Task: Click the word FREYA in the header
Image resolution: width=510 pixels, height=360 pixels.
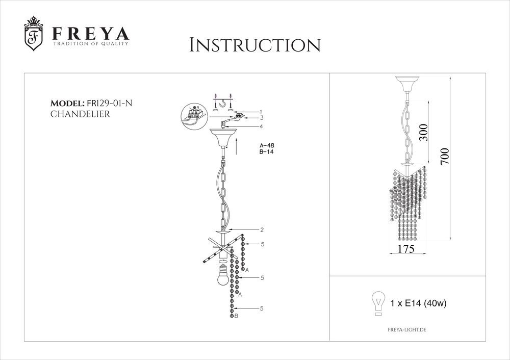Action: pyautogui.click(x=91, y=34)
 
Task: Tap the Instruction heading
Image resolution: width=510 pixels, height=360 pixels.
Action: pyautogui.click(x=255, y=45)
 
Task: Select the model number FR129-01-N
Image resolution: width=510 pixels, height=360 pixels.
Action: pyautogui.click(x=109, y=104)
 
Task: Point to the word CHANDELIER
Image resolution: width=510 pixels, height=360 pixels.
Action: pyautogui.click(x=80, y=114)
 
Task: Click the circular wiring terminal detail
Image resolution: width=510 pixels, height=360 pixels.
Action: pyautogui.click(x=194, y=115)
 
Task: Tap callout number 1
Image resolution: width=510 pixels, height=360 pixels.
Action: pyautogui.click(x=261, y=112)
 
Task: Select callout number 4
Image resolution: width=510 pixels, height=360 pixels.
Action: pyautogui.click(x=261, y=126)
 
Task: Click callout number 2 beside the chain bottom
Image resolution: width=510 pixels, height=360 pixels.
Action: pyautogui.click(x=262, y=230)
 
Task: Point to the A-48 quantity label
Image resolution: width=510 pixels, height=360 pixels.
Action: pyautogui.click(x=267, y=146)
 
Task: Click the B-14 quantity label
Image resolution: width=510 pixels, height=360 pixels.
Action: pyautogui.click(x=266, y=152)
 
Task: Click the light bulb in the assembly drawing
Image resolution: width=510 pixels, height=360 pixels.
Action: pyautogui.click(x=223, y=274)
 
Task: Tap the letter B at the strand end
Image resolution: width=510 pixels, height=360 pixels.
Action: pyautogui.click(x=236, y=316)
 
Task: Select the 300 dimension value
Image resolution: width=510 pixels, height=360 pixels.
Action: pyautogui.click(x=423, y=132)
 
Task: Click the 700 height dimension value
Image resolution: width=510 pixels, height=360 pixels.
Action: pyautogui.click(x=445, y=157)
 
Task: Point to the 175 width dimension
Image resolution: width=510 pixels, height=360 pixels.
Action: pyautogui.click(x=406, y=249)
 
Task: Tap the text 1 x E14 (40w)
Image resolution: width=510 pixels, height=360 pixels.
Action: pyautogui.click(x=418, y=303)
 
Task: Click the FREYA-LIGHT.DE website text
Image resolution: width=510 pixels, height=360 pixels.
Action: pyautogui.click(x=407, y=330)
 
